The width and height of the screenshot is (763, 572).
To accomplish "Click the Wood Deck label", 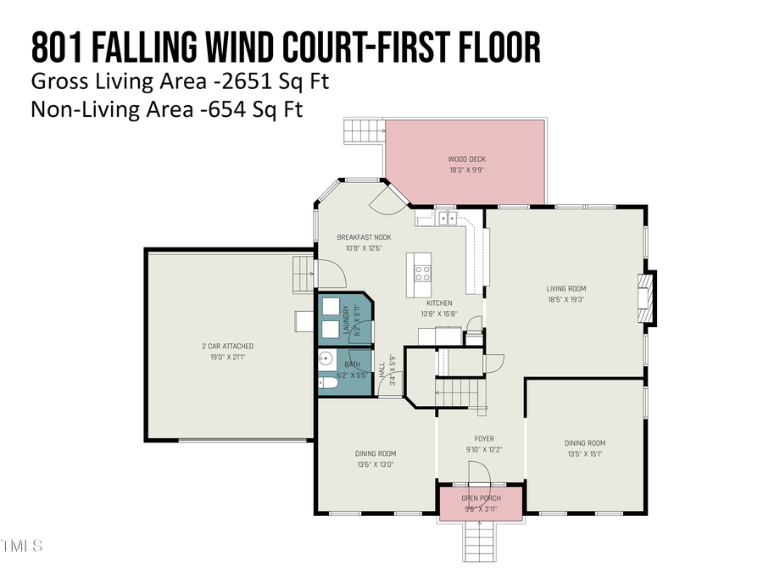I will (466, 159).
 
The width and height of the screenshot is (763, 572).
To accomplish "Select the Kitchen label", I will (438, 303).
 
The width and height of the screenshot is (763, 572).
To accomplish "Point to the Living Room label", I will (565, 288).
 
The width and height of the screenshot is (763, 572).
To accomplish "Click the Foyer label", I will (480, 439).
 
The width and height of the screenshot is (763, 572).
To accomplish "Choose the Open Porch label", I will (480, 497).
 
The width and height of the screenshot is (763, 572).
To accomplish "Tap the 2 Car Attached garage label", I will (227, 346).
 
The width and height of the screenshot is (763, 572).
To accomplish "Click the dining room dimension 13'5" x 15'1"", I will (585, 453).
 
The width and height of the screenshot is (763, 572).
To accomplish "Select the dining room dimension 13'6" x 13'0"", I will (374, 464).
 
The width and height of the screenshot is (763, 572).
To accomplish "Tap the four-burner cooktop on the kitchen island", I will (422, 273).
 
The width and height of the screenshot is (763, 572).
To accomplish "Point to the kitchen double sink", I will (447, 219).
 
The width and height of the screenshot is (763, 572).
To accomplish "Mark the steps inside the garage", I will (303, 275).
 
